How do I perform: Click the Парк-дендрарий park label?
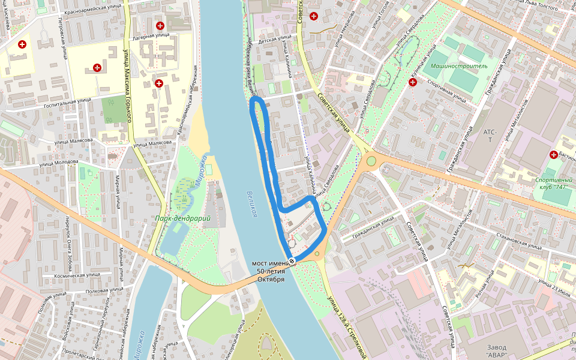point(183,218)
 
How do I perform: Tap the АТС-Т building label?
point(487,136)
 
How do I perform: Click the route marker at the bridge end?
point(292,260)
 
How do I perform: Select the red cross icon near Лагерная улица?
point(160,25)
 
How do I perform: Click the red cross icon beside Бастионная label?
point(553,155)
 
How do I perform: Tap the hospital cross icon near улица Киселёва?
point(22,44)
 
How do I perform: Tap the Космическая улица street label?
point(77,275)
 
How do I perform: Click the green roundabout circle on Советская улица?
point(371,160)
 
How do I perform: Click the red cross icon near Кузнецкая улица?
point(413,82)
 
